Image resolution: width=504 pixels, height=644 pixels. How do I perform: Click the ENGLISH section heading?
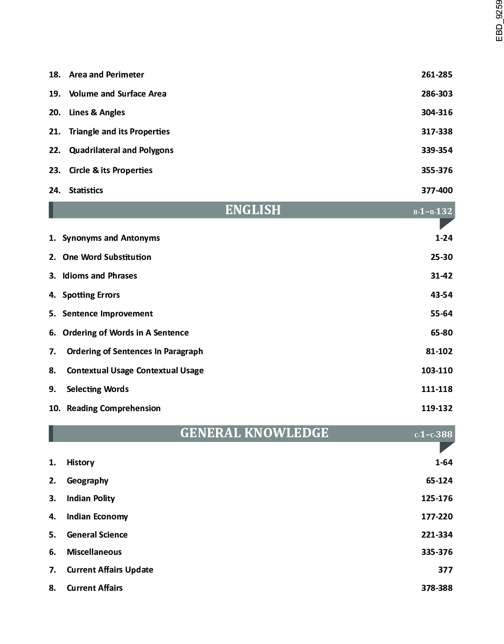point(253,210)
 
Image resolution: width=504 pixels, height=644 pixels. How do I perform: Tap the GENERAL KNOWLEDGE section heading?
point(254,433)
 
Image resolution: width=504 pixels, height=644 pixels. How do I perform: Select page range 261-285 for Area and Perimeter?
point(436,75)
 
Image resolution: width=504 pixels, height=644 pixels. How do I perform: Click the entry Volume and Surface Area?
point(118,94)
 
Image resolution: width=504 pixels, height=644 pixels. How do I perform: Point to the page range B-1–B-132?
point(433,211)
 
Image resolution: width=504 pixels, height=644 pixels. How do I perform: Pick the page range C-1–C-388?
point(433,434)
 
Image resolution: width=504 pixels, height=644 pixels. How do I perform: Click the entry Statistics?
point(86,190)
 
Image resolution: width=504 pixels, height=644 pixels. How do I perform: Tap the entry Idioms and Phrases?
point(100,276)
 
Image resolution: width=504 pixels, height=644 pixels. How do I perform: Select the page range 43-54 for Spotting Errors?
point(441,295)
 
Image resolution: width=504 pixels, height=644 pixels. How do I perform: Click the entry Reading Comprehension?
point(113,408)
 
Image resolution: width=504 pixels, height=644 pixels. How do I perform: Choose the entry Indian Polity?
point(91,498)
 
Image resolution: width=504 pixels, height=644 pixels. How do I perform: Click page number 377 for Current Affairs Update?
point(445,570)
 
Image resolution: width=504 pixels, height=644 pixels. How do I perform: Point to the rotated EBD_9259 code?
point(499,21)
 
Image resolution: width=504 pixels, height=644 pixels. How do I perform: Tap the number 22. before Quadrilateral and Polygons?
point(55,150)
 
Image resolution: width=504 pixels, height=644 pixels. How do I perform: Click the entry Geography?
point(87,481)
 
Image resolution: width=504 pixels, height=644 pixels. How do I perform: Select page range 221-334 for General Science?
point(436,535)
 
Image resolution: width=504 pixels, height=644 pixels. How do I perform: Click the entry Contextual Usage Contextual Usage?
point(135,371)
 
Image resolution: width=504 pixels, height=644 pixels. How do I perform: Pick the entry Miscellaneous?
point(94,552)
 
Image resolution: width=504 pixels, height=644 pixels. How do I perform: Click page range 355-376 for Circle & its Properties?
point(436,170)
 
